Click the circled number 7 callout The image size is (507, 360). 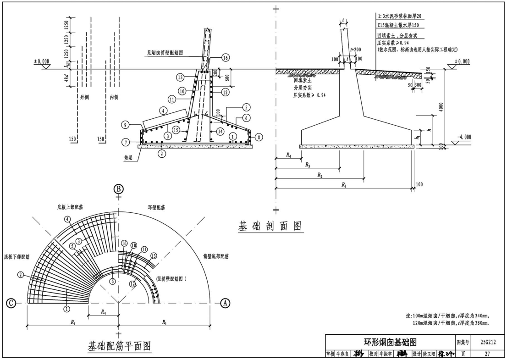pos(125,142)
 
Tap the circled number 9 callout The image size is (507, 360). pos(125,125)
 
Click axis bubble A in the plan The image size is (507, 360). pos(225,303)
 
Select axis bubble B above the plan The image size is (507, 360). pos(118,189)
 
